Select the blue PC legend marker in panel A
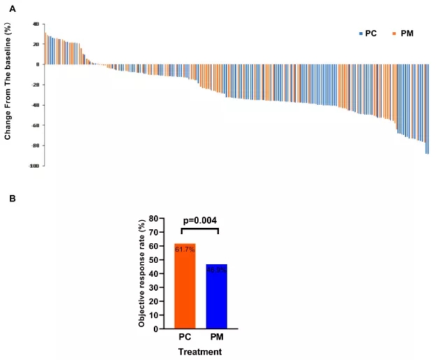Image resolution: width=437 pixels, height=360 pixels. [361, 34]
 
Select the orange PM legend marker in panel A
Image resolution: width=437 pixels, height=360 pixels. [394, 34]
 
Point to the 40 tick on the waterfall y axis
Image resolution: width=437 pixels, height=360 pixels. [34, 24]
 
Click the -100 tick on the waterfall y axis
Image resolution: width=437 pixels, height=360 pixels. [33, 166]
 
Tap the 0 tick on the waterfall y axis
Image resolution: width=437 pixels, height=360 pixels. [36, 64]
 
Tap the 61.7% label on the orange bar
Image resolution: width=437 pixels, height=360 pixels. [185, 250]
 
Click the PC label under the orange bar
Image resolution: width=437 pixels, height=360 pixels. [185, 338]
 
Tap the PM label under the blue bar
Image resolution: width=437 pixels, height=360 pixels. [217, 338]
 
